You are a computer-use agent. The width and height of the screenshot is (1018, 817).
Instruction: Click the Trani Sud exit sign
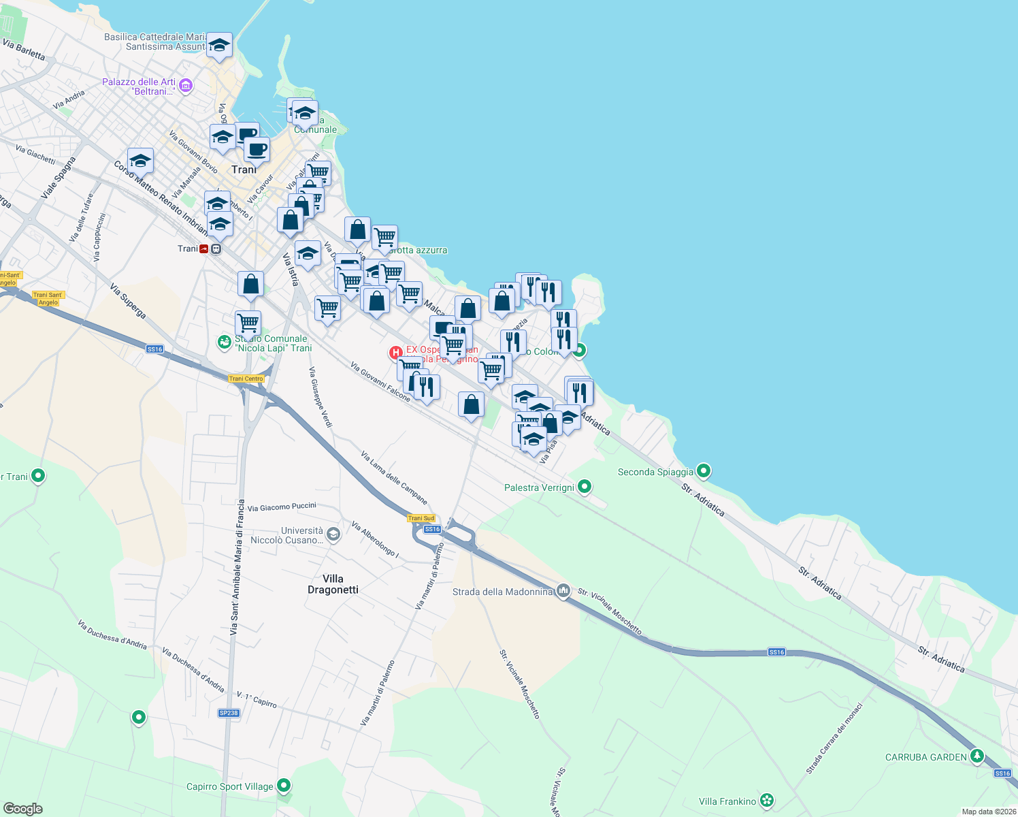tap(421, 518)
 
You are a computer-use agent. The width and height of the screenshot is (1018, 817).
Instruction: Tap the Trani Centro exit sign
tap(246, 379)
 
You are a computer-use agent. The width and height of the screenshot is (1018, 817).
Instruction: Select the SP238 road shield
tap(229, 713)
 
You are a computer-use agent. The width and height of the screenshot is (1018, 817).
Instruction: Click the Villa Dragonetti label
tap(333, 584)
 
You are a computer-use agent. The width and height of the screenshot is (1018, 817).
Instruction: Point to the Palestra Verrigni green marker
tap(585, 487)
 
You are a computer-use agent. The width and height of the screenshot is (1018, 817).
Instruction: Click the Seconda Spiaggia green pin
tap(704, 470)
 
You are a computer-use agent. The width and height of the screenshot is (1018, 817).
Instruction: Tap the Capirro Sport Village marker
tap(284, 786)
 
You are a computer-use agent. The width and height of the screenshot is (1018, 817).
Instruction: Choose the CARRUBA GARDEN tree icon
tap(977, 756)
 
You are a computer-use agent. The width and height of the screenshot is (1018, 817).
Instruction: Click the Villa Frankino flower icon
tap(767, 801)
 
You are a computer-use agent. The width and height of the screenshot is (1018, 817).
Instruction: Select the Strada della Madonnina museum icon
tap(563, 591)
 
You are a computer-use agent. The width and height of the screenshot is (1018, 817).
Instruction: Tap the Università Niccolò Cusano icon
tap(333, 534)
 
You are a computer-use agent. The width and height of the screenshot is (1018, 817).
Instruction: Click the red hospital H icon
tap(395, 353)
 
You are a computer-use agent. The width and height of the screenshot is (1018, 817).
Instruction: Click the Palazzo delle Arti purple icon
tap(186, 86)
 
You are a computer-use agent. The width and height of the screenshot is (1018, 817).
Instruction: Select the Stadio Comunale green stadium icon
tap(224, 342)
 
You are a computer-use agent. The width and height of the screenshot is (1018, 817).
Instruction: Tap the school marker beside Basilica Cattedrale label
tap(219, 46)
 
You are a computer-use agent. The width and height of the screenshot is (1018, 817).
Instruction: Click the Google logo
tap(22, 808)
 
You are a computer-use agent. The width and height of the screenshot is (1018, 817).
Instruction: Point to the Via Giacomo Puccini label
tap(282, 507)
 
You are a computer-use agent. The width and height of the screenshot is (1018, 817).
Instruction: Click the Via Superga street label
tap(128, 302)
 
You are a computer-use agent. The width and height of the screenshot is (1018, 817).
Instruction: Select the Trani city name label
tap(243, 170)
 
